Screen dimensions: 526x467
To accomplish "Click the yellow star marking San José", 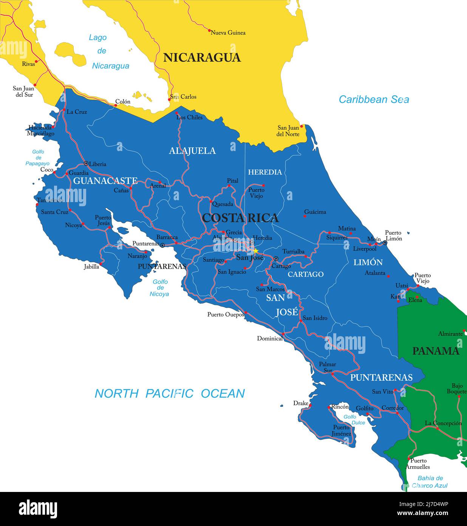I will coord(256,251).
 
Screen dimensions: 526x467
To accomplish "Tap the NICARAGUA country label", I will coord(202,58).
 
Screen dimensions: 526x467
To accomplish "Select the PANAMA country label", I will coord(435,351).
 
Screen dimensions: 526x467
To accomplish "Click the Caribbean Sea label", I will coord(374,100).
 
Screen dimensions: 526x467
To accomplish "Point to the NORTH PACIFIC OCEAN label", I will coord(170,394).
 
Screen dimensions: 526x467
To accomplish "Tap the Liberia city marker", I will coord(86,163).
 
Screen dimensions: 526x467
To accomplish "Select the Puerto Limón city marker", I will coord(385,242).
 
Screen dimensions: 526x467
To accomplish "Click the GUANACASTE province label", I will coord(105,181).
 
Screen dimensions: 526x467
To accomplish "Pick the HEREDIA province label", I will coord(265,172).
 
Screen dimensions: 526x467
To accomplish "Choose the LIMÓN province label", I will coord(368,262).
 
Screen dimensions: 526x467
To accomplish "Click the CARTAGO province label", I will coord(306,274).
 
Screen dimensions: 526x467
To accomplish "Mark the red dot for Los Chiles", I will coord(177,113).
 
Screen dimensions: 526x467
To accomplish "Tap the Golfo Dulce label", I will coord(354,420).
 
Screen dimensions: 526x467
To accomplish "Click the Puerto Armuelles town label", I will coord(418,464).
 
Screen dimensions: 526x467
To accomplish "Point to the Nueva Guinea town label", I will coord(228,33).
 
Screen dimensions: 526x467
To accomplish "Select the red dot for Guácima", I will coord(305,216).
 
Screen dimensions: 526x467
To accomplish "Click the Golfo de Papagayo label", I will coord(37,157).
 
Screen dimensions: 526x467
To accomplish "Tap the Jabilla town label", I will coord(91,266).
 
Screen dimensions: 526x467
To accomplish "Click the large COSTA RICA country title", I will coord(240,218).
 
